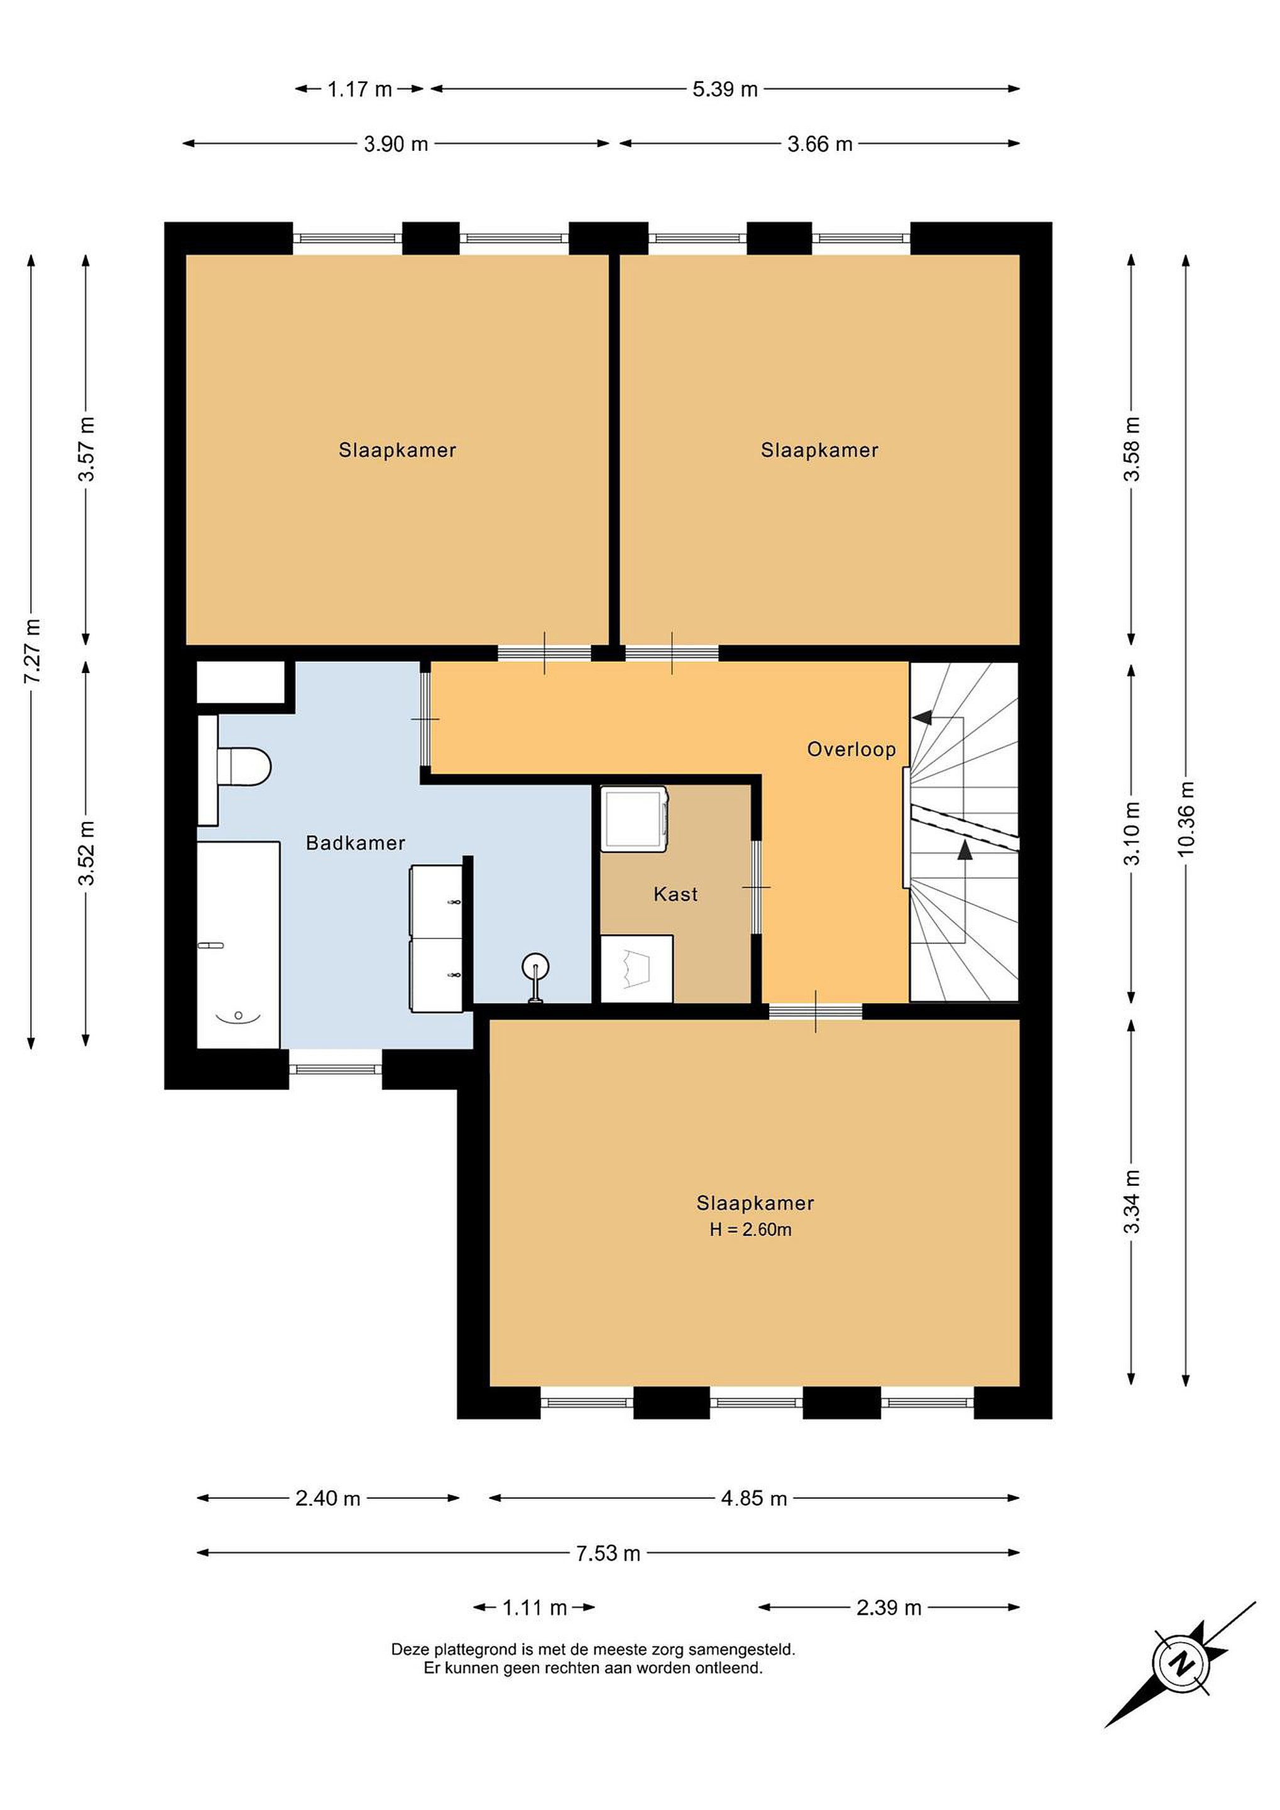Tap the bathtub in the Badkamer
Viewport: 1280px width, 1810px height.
238,945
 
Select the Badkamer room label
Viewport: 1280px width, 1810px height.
356,843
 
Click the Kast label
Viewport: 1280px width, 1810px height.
676,894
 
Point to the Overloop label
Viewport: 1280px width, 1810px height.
851,749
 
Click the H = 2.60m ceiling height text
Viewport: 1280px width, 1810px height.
750,1229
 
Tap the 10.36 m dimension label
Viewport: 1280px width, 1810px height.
1185,818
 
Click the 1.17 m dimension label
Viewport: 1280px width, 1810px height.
359,89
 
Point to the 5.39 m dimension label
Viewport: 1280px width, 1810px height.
725,89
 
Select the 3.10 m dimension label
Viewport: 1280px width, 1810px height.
1131,833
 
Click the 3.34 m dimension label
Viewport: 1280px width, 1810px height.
1131,1202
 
